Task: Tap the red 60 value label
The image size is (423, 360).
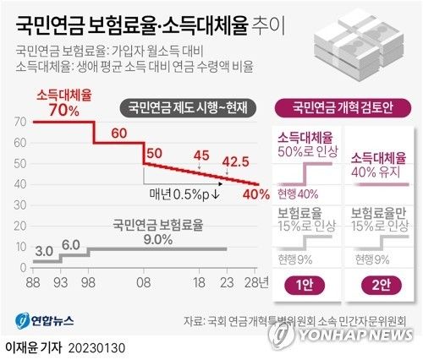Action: click(x=118, y=133)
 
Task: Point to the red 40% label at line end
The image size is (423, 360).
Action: click(x=256, y=194)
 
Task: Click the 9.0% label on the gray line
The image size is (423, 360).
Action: click(x=158, y=239)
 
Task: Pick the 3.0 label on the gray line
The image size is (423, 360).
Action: click(x=45, y=251)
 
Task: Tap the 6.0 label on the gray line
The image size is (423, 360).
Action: click(x=71, y=244)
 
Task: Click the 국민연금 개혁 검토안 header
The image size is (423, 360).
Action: click(x=344, y=106)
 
